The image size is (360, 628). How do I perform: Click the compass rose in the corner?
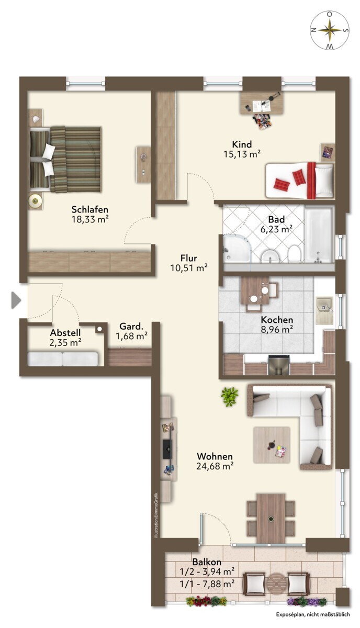coord(330,30)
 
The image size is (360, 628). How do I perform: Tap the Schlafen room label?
coord(89,209)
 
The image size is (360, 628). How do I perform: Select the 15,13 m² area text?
coord(242,154)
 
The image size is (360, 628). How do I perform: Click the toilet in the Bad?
coord(295,253)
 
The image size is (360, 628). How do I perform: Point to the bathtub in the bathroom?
coord(319,234)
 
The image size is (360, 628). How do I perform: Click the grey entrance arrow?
coord(16,300)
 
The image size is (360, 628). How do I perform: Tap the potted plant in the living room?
coord(229,397)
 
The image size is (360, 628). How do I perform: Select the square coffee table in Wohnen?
coord(272,445)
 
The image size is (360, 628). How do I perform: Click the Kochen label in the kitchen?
coord(277,320)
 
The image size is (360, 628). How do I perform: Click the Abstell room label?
coord(65,332)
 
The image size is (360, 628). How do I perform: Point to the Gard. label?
coord(131,327)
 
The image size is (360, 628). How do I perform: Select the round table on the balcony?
coord(276,584)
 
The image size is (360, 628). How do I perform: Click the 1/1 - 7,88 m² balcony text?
coord(207,584)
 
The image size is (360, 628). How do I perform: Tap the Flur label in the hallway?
coord(189,258)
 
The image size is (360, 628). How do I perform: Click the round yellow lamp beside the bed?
coord(36,200)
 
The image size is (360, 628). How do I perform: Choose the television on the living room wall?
coord(167,449)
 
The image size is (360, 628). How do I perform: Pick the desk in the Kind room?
coord(262,103)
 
